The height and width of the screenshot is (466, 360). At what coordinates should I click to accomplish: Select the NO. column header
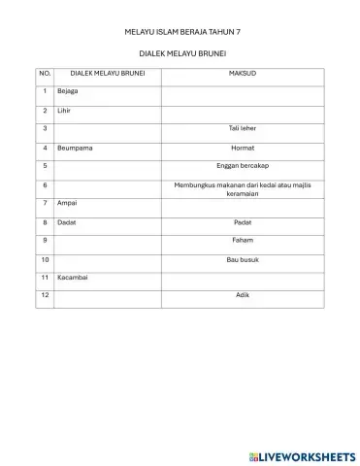45,73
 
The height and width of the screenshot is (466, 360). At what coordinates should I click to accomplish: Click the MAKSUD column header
242,73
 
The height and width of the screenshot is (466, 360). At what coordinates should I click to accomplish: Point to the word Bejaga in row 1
68,91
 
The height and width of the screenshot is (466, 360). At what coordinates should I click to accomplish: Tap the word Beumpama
74,148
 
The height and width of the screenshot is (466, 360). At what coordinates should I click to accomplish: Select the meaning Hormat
242,148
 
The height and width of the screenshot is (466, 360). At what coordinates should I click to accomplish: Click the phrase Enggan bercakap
242,166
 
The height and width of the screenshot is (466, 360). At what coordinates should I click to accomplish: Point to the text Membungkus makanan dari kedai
242,183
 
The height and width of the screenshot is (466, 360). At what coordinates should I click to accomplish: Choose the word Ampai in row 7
66,203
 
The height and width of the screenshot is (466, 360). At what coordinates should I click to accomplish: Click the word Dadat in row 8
66,221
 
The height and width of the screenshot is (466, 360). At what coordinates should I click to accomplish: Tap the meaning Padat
242,221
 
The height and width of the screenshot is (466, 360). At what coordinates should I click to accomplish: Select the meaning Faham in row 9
242,240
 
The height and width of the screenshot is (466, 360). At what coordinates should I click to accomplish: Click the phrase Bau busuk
242,259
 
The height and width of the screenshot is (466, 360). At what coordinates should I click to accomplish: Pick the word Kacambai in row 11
72,278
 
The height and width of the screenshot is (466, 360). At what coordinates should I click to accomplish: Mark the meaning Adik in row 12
242,295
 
